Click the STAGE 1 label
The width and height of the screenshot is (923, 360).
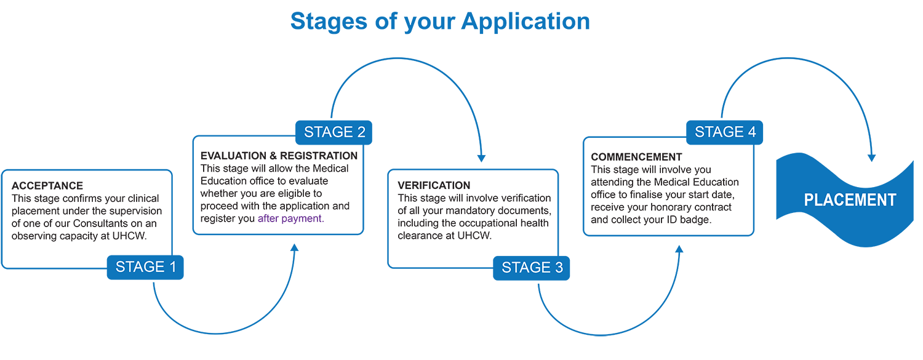[x=146, y=266]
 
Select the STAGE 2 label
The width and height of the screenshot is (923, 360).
[x=334, y=132]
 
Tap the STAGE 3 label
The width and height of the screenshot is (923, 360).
[x=532, y=267]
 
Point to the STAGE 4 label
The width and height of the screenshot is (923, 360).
[x=725, y=132]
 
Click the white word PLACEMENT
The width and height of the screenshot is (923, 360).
[x=850, y=200]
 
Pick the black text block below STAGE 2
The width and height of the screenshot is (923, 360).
[x=277, y=185]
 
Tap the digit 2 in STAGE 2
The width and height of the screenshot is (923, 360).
[x=361, y=132]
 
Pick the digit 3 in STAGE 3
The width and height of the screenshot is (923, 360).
[x=558, y=267]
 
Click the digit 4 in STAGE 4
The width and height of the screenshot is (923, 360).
[x=751, y=132]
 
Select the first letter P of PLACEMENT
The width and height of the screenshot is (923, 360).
[x=809, y=200]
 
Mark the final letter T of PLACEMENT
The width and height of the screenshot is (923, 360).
[x=891, y=200]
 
